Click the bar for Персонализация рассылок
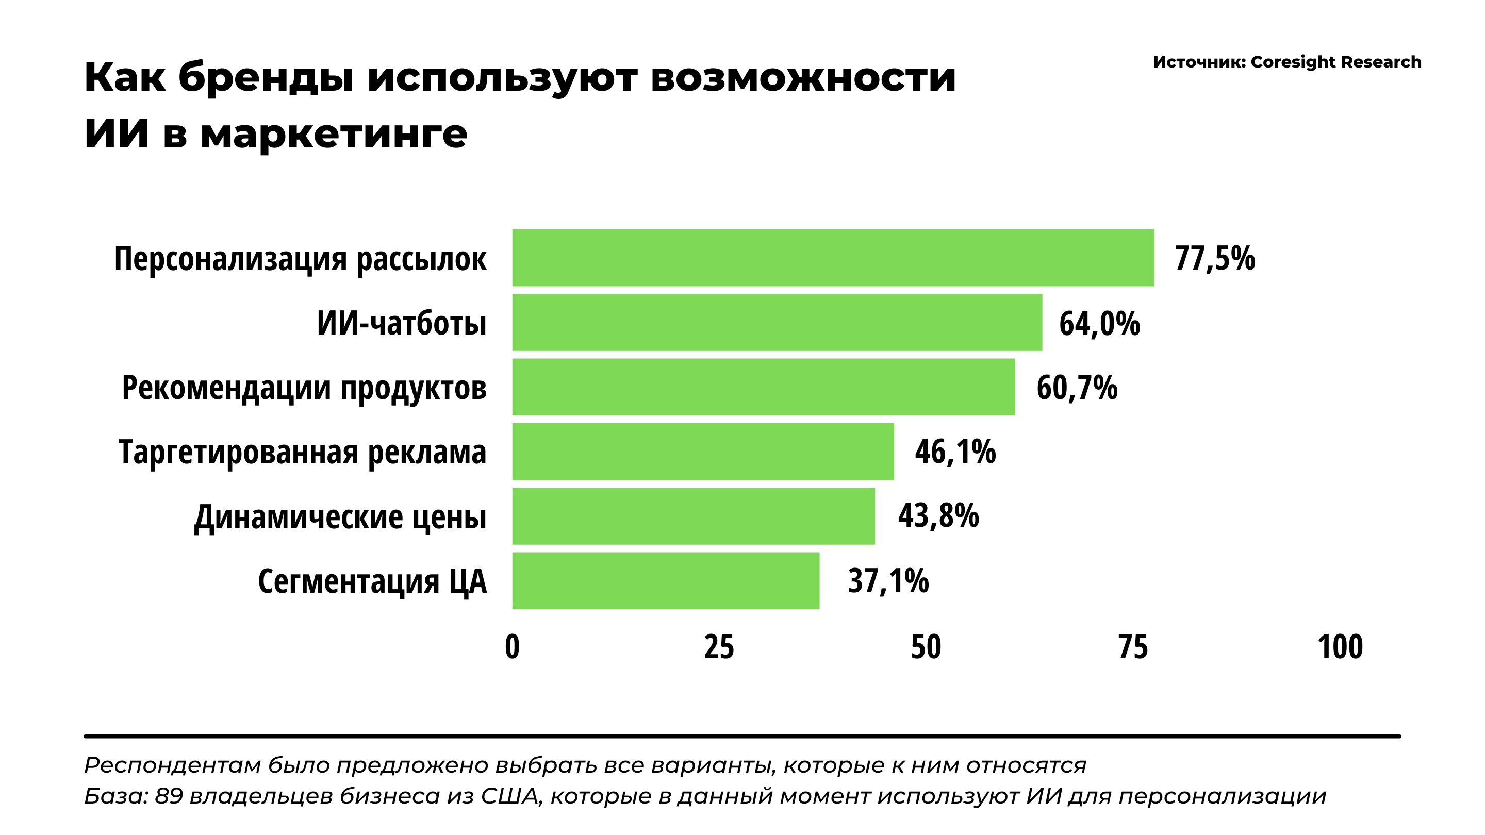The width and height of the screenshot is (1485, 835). [x=833, y=258]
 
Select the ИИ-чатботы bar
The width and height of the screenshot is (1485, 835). [x=777, y=322]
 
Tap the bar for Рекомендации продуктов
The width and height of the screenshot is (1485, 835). [x=763, y=387]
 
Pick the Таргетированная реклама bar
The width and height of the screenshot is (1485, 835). [x=703, y=451]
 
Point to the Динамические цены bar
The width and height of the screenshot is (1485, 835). [x=694, y=516]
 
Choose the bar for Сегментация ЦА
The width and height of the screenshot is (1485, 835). [x=666, y=580]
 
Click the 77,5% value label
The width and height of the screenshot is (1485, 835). [x=1215, y=258]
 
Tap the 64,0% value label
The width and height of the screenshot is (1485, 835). [x=1099, y=323]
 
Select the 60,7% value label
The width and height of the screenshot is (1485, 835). [x=1077, y=387]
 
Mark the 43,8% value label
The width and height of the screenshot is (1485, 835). [x=938, y=515]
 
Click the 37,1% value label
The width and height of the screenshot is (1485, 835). [x=888, y=580]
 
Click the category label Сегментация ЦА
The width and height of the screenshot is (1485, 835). [x=372, y=581]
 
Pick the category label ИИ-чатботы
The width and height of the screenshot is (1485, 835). [x=401, y=323]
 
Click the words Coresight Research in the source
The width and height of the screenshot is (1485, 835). [x=1335, y=62]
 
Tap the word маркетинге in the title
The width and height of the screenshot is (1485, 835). [x=334, y=133]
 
